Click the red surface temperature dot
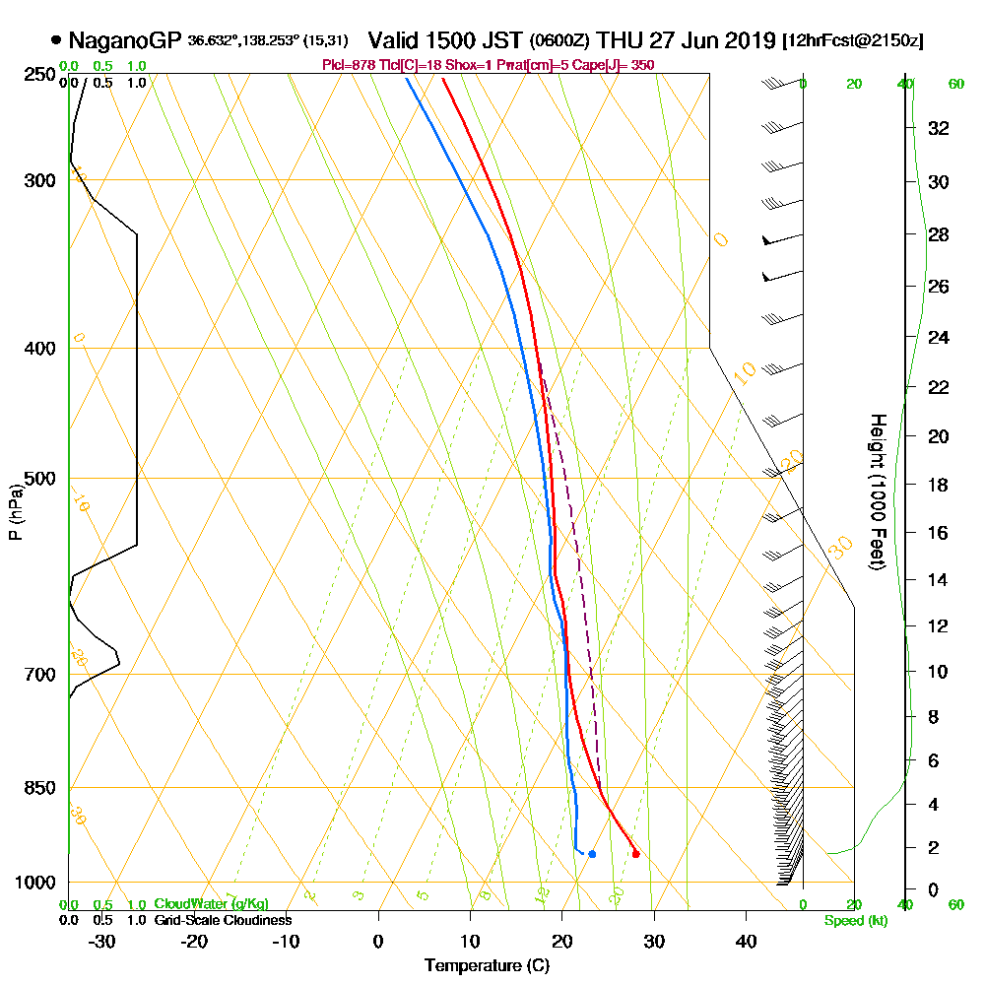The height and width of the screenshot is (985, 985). (635, 854)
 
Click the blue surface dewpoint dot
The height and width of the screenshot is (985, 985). (591, 854)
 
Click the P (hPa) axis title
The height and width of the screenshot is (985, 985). (15, 512)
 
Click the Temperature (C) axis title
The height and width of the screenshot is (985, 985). (487, 966)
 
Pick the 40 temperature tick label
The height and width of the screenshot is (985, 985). (746, 941)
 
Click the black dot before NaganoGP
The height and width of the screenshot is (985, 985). (56, 41)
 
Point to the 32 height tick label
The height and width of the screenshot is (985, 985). (940, 128)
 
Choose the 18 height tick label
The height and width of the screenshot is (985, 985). (940, 485)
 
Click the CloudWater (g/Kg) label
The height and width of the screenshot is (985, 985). (211, 904)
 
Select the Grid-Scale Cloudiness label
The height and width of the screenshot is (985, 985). (223, 920)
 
